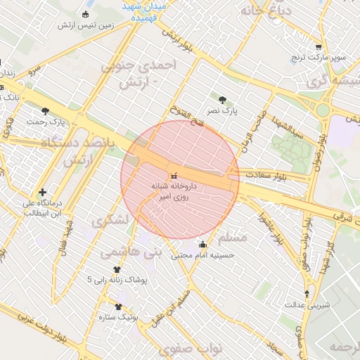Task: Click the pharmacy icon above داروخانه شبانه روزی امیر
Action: coord(174,174)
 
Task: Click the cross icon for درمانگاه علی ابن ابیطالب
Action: coord(43,192)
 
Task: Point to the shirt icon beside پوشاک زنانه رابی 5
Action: coord(117,269)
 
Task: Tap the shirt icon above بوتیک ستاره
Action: coord(118,307)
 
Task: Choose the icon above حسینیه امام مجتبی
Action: coord(203,245)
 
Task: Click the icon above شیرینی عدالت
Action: coord(307,294)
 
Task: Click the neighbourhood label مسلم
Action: coord(233,237)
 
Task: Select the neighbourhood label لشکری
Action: coord(111,220)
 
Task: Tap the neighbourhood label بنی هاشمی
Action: coord(130,250)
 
